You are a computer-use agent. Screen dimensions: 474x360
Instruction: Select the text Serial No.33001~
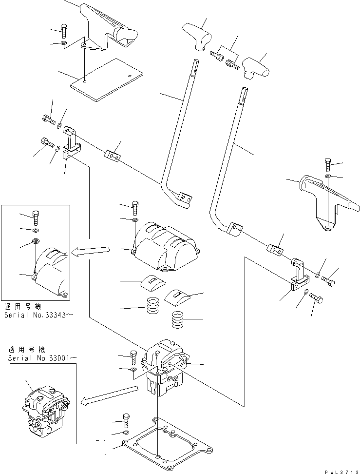coord(43,358)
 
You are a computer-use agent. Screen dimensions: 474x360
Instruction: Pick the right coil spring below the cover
coord(180,321)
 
